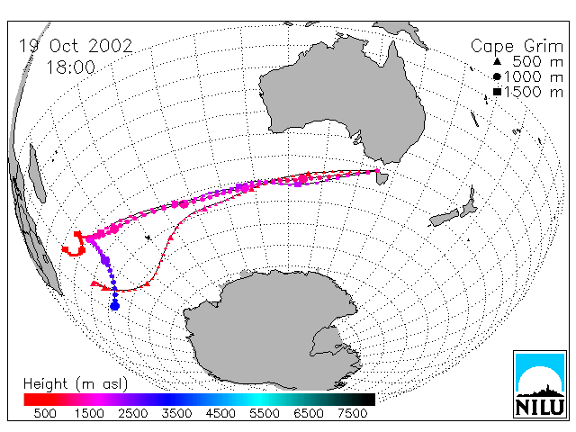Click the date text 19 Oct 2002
point(76,46)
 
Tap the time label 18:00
point(70,67)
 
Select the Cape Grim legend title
point(517,47)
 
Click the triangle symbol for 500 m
point(497,61)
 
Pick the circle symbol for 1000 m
point(497,76)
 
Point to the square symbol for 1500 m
point(497,92)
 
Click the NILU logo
point(540,384)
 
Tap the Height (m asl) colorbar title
point(76,384)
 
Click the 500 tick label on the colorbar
point(45,414)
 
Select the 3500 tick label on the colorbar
point(176,414)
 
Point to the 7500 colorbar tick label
point(352,414)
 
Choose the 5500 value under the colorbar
point(265,414)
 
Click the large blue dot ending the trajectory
point(115,306)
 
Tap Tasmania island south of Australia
point(382,177)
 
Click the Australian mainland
point(342,99)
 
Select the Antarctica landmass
point(272,330)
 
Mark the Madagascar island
point(37,174)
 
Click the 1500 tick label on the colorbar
point(89,414)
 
